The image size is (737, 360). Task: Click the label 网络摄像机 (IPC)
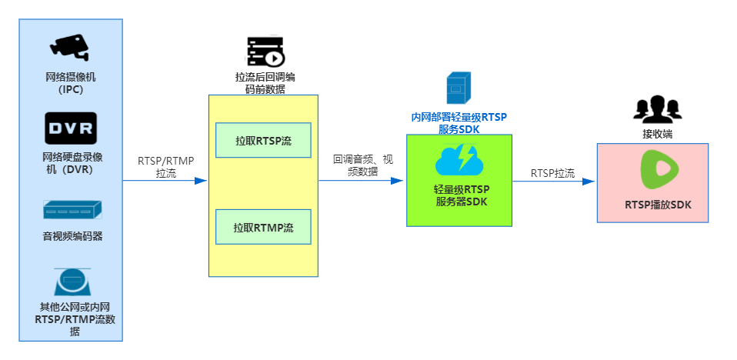coord(70,83)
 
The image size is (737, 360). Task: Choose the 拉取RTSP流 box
coord(263,140)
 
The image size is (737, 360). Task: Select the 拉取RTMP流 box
coord(263,227)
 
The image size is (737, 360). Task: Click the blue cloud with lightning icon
coord(459,160)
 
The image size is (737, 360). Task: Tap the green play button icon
coord(652,170)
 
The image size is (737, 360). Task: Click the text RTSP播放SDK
coord(652,205)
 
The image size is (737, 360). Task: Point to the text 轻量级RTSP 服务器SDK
coord(459,195)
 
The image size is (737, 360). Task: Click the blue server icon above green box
coord(459,87)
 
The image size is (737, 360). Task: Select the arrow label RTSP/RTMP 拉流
coord(165,167)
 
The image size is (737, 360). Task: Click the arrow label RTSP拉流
coord(552,174)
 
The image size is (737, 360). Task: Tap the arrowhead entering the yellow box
coord(202,181)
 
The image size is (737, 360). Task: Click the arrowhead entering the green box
coord(399,181)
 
